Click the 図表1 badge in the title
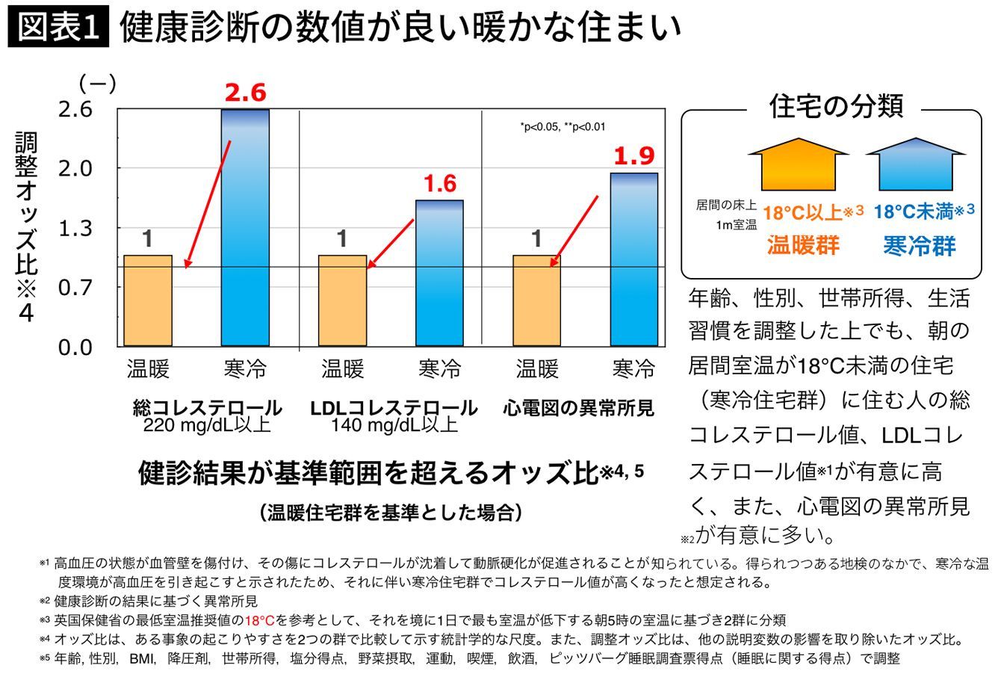click(x=58, y=28)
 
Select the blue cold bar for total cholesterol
click(x=245, y=228)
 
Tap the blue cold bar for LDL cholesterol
click(x=439, y=273)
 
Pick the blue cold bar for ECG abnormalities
click(x=633, y=259)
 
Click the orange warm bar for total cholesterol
click(x=148, y=300)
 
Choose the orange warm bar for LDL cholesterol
click(x=342, y=300)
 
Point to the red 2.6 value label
click(x=245, y=93)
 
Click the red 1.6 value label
click(x=439, y=183)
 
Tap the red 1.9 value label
click(x=633, y=156)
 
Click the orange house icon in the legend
click(x=798, y=164)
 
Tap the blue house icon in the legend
click(x=916, y=164)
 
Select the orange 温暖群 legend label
click(x=803, y=245)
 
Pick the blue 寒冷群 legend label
click(x=919, y=245)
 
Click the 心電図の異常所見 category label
click(x=578, y=408)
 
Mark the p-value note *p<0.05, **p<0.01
click(x=563, y=127)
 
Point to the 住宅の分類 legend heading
click(x=835, y=106)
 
